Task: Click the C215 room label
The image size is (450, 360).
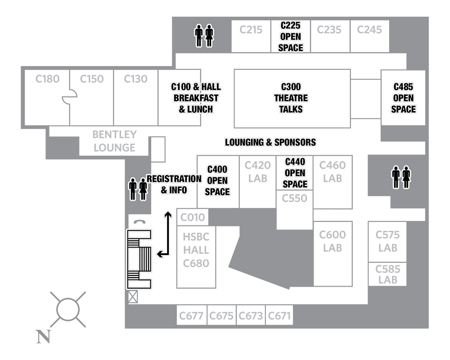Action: (x=251, y=30)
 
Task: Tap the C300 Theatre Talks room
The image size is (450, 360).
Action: (x=292, y=99)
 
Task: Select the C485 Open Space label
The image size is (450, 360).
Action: (x=403, y=98)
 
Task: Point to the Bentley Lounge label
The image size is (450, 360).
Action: (x=114, y=141)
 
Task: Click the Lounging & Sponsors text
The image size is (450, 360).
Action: (x=270, y=142)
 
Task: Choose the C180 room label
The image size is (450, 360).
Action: (x=47, y=79)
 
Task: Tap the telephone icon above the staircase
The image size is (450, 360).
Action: (x=140, y=222)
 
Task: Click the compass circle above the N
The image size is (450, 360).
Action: (x=68, y=310)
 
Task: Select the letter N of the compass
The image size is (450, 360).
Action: (x=44, y=337)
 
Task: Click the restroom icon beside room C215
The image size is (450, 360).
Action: (x=204, y=36)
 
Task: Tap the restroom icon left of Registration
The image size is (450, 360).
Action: (x=138, y=189)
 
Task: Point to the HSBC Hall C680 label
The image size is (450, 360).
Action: (x=196, y=250)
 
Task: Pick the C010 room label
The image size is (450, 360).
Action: (x=193, y=217)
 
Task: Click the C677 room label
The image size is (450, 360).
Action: (x=191, y=316)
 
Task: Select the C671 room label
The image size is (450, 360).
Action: (x=279, y=316)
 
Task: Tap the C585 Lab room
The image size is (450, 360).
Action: (x=387, y=274)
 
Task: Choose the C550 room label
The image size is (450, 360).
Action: (x=294, y=198)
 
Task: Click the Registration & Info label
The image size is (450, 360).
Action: (x=174, y=184)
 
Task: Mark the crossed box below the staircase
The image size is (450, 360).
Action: (x=133, y=297)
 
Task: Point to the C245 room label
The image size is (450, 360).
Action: (x=369, y=30)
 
